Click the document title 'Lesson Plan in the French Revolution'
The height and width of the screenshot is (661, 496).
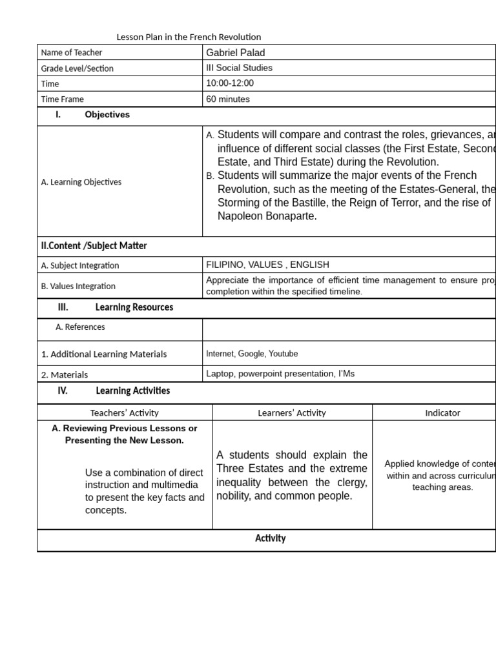click(189, 37)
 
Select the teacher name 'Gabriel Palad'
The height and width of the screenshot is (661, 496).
click(235, 53)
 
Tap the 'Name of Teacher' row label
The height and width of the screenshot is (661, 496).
click(72, 53)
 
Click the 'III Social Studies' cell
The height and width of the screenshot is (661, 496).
click(239, 68)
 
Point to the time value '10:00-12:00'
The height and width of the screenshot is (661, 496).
click(230, 83)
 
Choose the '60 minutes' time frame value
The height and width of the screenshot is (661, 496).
click(228, 99)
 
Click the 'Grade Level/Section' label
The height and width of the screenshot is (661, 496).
click(77, 68)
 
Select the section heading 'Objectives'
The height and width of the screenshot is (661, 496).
click(107, 115)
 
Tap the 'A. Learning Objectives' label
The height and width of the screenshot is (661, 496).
click(81, 182)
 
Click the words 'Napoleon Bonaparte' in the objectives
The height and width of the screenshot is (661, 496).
click(267, 216)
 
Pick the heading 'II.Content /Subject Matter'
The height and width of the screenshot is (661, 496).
click(94, 246)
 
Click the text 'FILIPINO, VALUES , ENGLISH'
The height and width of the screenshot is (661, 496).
click(267, 265)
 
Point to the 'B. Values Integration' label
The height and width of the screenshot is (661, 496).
click(78, 286)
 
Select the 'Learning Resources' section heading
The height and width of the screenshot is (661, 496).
click(134, 307)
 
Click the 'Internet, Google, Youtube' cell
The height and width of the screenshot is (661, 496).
click(252, 354)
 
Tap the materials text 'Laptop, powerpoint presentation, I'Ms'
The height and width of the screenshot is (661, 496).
click(280, 374)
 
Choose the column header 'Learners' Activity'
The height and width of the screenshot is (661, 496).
click(292, 413)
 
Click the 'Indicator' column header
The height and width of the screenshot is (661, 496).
click(442, 413)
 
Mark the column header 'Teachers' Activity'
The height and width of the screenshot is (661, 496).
click(124, 413)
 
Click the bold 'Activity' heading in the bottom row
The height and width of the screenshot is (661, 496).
click(270, 538)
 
